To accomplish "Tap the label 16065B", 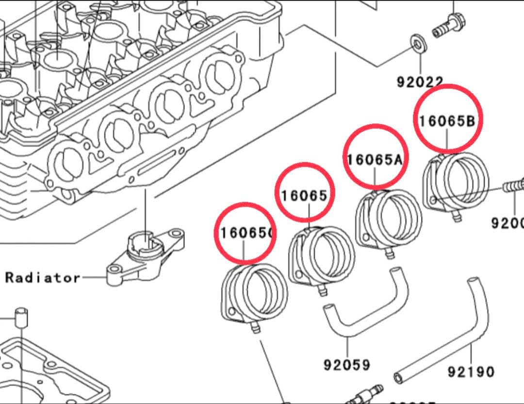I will (447, 121).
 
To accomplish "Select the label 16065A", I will (375, 159).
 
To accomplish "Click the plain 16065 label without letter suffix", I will (304, 195).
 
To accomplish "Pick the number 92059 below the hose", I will (347, 364).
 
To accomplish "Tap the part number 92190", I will (471, 372).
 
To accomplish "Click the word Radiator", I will (43, 278).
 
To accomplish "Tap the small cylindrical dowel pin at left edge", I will (21, 318).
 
